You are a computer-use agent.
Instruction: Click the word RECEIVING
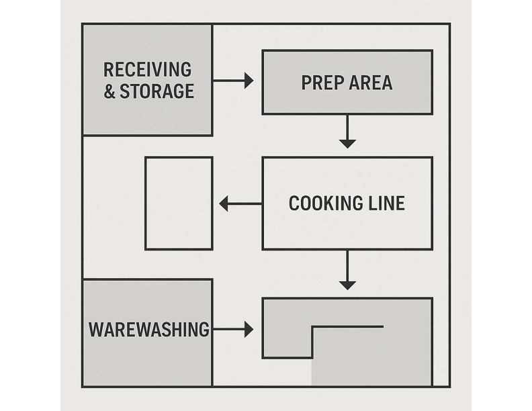147,70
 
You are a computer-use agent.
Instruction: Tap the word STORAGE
157,91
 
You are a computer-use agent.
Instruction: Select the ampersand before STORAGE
109,91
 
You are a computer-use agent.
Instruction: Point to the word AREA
371,83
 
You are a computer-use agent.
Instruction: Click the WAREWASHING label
149,329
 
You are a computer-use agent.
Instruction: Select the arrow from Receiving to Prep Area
233,81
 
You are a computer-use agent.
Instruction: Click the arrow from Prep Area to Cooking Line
347,132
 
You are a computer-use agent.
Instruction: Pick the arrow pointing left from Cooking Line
240,203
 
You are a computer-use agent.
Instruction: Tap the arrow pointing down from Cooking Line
347,270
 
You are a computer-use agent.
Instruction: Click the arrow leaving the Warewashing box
233,329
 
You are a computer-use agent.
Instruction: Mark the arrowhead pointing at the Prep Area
249,81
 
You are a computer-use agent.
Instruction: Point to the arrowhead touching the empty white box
224,203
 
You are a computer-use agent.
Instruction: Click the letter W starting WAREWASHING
96,329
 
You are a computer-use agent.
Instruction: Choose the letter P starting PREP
306,83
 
